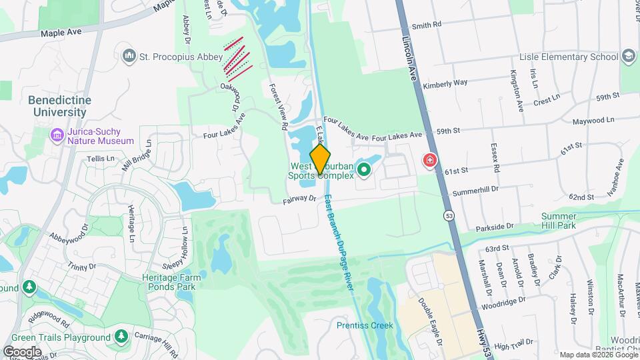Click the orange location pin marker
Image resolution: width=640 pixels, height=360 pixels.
(x=321, y=159)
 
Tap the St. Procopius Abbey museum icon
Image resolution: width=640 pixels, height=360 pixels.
(x=129, y=57)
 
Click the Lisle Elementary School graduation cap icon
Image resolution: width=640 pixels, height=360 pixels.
(x=628, y=57)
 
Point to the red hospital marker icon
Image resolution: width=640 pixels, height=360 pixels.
(x=430, y=160)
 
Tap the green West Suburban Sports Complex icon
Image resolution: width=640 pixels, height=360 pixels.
(x=364, y=170)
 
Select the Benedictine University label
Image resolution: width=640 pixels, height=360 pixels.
(x=59, y=106)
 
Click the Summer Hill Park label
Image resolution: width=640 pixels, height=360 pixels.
(x=558, y=221)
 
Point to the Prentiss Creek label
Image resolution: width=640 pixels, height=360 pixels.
(x=365, y=325)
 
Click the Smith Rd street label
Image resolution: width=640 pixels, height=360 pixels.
(x=427, y=25)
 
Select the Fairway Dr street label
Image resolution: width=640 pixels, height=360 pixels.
(x=299, y=199)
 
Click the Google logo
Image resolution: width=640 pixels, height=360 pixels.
(x=22, y=351)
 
